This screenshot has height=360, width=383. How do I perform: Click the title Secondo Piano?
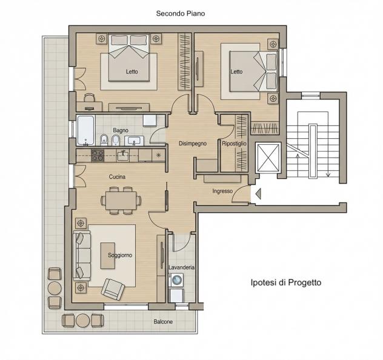tap(181, 13)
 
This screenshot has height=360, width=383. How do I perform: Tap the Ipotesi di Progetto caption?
tap(286, 282)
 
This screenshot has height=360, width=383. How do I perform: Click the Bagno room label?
tap(121, 130)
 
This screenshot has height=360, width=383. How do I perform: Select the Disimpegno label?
tap(193, 144)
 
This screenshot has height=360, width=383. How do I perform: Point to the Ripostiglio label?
tap(234, 144)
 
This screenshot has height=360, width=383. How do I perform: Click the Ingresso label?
tap(222, 191)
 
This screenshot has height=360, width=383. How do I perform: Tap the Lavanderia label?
tap(181, 267)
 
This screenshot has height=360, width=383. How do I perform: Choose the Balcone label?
tap(163, 322)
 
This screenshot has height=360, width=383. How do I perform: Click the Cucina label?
tap(117, 176)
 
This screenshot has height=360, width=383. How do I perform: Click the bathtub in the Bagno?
tap(85, 130)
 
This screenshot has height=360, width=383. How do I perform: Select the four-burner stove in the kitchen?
tap(98, 156)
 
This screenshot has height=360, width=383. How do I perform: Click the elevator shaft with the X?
tap(268, 158)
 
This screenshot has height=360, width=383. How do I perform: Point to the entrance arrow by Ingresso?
tap(258, 194)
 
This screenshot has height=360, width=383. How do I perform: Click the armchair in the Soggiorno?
tap(113, 289)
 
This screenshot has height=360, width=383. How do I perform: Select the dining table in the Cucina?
tap(121, 201)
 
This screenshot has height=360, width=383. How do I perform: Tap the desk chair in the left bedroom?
tap(90, 98)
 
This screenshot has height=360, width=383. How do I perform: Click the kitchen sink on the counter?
tap(124, 156)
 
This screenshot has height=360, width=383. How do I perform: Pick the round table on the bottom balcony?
tap(83, 321)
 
